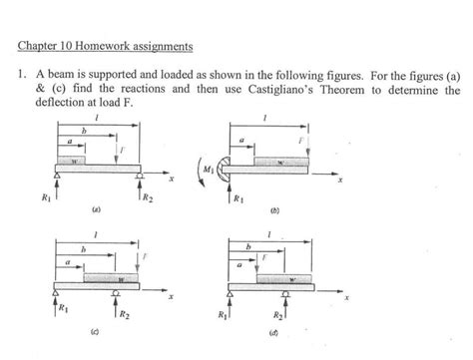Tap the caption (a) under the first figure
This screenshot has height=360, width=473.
pyautogui.click(x=96, y=211)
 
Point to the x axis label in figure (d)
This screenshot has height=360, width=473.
pyautogui.click(x=348, y=297)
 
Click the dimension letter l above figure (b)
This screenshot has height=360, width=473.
pyautogui.click(x=264, y=117)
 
